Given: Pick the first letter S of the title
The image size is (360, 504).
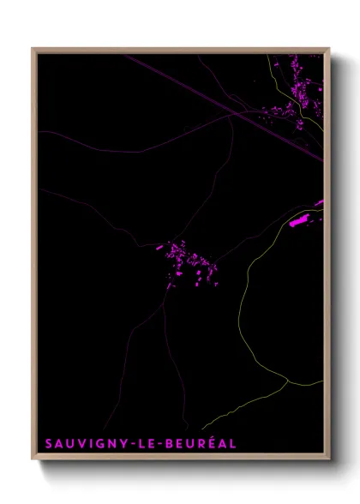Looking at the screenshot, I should pos(49,444).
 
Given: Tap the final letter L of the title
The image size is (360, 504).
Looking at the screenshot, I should pos(233,444).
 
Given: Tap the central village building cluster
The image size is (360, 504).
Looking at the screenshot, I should pos(189,262).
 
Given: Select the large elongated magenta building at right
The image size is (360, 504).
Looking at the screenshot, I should pos(299,221).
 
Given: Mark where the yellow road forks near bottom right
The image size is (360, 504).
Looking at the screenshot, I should pos(288,382).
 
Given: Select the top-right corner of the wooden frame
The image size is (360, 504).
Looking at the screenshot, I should pos(330,50).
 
